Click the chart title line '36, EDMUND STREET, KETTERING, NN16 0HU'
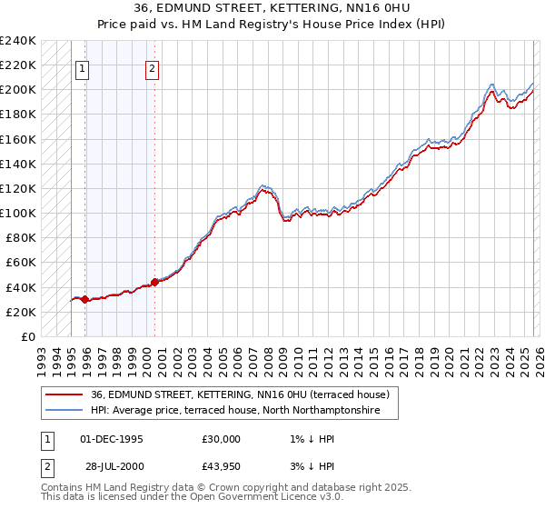click(x=272, y=9)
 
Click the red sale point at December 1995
click(x=85, y=299)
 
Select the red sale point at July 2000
click(x=154, y=282)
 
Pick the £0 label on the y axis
click(x=28, y=336)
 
